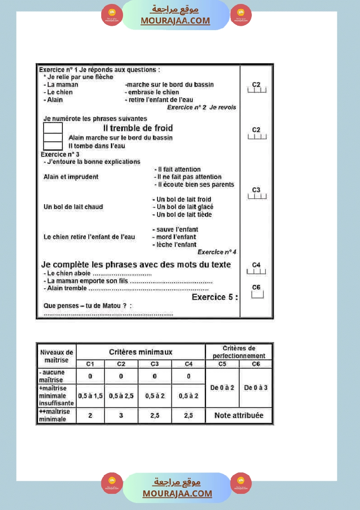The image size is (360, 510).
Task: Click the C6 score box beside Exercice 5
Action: pyautogui.click(x=257, y=295)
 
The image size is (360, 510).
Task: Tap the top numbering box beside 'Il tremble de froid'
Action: pyautogui.click(x=53, y=128)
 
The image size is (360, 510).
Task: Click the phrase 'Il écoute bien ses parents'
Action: pyautogui.click(x=195, y=185)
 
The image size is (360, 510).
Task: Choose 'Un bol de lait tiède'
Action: pyautogui.click(x=184, y=215)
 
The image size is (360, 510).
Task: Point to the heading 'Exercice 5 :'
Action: pyautogui.click(x=215, y=297)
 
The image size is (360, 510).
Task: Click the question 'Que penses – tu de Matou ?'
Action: pyautogui.click(x=88, y=305)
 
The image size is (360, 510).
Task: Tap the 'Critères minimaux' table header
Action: pyautogui.click(x=141, y=352)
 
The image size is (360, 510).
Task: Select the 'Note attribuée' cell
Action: pyautogui.click(x=239, y=415)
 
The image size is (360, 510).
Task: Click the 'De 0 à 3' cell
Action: pyautogui.click(x=256, y=387)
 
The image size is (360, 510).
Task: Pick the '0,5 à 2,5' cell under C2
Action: pyautogui.click(x=121, y=396)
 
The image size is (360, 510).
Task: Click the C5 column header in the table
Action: pyautogui.click(x=222, y=364)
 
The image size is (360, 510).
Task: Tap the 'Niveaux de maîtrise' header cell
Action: pyautogui.click(x=56, y=356)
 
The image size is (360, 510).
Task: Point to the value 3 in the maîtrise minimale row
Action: pyautogui.click(x=121, y=416)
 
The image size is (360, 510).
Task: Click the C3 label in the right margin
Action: pyautogui.click(x=256, y=190)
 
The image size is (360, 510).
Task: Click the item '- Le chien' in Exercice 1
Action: pyautogui.click(x=58, y=92)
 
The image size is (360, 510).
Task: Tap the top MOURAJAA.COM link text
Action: pyautogui.click(x=175, y=21)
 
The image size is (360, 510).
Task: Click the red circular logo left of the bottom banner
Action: pyautogui.click(x=112, y=483)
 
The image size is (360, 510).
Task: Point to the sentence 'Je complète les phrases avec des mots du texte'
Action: pyautogui.click(x=136, y=264)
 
